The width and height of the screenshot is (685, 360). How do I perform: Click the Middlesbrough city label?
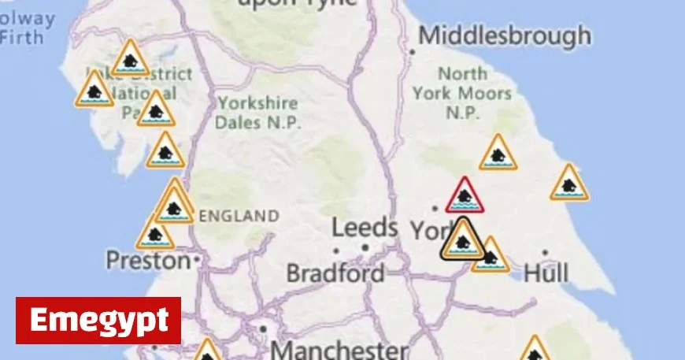[505, 35]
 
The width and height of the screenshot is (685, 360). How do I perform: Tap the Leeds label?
[365, 228]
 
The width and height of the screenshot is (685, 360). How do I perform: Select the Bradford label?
[335, 273]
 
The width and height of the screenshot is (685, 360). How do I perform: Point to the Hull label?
[546, 273]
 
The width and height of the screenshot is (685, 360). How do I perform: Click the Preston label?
[148, 259]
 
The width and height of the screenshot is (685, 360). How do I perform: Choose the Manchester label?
[339, 349]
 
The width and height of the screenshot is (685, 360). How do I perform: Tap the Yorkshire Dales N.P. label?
[258, 113]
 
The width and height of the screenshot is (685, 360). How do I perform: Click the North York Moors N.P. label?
[463, 93]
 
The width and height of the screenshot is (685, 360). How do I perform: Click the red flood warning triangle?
[465, 196]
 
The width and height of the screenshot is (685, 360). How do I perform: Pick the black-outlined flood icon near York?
[462, 239]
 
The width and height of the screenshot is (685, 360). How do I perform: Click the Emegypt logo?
[98, 321]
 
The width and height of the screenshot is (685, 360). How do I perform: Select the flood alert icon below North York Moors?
[498, 154]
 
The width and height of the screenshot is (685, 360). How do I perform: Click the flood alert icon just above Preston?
[155, 234]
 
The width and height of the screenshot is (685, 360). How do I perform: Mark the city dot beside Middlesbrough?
[413, 52]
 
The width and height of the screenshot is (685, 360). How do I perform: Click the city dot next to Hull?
[545, 253]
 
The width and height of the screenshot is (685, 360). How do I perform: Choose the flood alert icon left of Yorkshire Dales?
[156, 110]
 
